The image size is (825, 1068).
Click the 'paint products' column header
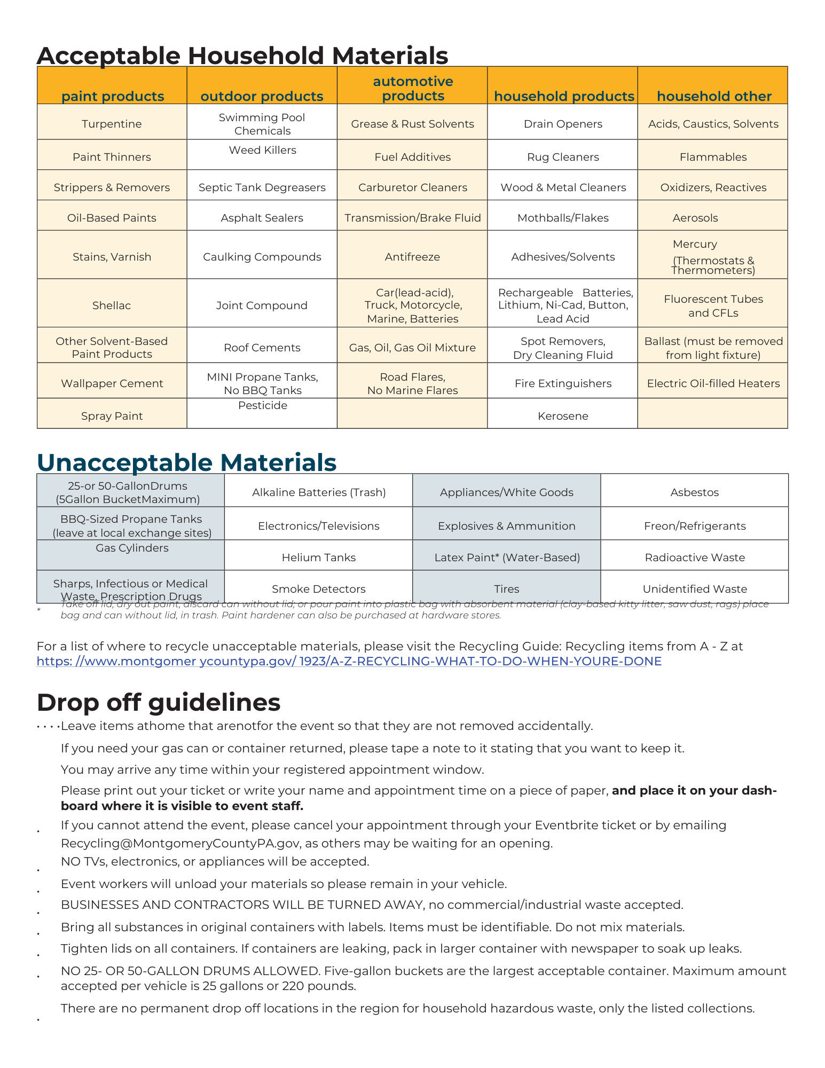(x=112, y=96)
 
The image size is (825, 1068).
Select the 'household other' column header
(x=713, y=96)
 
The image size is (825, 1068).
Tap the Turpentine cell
(x=112, y=124)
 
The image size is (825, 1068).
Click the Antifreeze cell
(x=412, y=257)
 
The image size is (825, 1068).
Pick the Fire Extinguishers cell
(x=563, y=383)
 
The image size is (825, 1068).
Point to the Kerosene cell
(x=563, y=416)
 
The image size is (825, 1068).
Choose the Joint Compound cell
(x=262, y=305)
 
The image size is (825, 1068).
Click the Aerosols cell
(x=695, y=218)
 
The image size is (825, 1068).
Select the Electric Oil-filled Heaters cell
(x=713, y=383)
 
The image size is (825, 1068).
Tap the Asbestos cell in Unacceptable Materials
(x=694, y=492)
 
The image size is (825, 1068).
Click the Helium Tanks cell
(x=319, y=557)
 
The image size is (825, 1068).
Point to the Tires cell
(x=506, y=589)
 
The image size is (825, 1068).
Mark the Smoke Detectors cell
(x=319, y=589)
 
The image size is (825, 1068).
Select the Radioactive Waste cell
(x=694, y=557)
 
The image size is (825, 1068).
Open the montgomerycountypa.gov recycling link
(x=349, y=661)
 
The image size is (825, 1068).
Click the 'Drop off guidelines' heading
(x=159, y=702)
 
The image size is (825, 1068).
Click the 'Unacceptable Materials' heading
(x=186, y=462)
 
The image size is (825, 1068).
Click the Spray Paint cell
(x=112, y=416)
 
